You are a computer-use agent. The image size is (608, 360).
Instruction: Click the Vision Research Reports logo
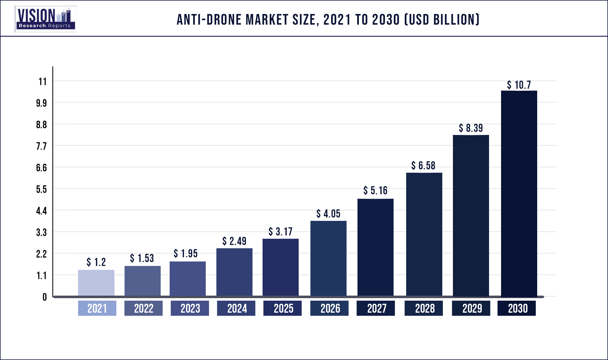[x=46, y=19]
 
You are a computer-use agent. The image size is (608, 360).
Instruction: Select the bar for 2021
[x=96, y=282]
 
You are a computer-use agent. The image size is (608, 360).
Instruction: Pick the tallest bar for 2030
[x=519, y=193]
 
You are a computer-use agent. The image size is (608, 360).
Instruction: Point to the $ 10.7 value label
[x=519, y=85]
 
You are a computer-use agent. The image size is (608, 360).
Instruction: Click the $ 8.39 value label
[x=471, y=128]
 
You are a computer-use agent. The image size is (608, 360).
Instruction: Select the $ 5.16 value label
[x=375, y=190]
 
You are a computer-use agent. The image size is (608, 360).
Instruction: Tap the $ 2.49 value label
[x=234, y=241]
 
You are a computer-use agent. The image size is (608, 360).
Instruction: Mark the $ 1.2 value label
[x=96, y=262]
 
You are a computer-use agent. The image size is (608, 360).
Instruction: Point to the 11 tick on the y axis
[x=43, y=81]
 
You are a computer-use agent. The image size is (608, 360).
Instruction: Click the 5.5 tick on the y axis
[x=41, y=189]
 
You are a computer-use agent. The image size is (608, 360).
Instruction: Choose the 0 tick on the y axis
[x=45, y=297]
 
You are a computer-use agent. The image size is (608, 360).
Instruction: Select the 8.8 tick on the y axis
[x=41, y=125]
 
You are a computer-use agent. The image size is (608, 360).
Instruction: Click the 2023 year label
[x=190, y=308]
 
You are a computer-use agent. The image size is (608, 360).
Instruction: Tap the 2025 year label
[x=283, y=308]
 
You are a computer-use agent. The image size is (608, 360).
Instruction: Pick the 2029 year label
[x=472, y=308]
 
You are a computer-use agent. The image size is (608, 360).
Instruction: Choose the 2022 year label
[x=144, y=308]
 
